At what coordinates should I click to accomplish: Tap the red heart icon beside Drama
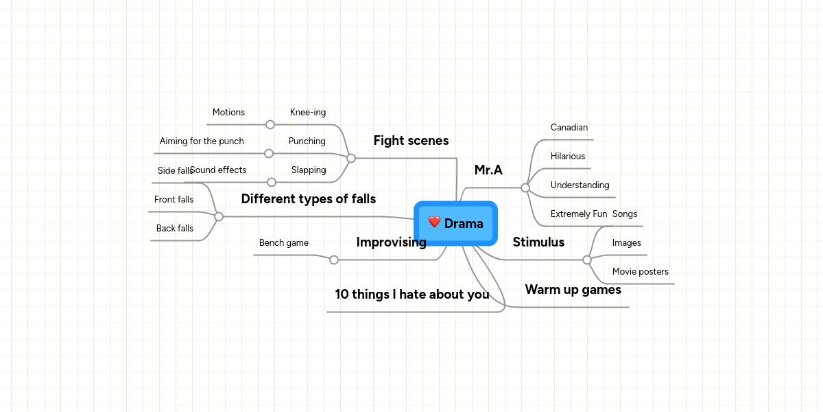tap(434, 222)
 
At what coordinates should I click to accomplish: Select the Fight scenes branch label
tap(411, 141)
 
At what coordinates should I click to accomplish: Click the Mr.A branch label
tap(488, 170)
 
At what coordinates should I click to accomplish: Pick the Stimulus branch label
tap(538, 242)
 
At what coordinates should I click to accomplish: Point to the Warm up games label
tap(573, 290)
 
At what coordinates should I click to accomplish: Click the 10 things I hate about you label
tap(411, 295)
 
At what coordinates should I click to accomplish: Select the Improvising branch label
tap(391, 242)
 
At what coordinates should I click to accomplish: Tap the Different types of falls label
tap(308, 199)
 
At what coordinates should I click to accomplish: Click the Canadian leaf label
tap(569, 128)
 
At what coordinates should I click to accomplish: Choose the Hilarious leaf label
tap(567, 157)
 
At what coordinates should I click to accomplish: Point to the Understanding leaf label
tap(580, 185)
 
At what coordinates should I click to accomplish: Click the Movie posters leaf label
tap(640, 272)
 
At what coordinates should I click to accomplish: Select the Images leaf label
tap(626, 243)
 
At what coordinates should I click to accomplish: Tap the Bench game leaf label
tap(283, 243)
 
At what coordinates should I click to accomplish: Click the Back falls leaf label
tap(174, 229)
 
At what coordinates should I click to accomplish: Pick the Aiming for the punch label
tap(202, 141)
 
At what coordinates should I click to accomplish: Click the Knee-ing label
tap(308, 113)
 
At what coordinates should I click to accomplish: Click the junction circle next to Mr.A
tap(525, 187)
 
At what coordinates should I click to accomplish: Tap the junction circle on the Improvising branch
tap(334, 260)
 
